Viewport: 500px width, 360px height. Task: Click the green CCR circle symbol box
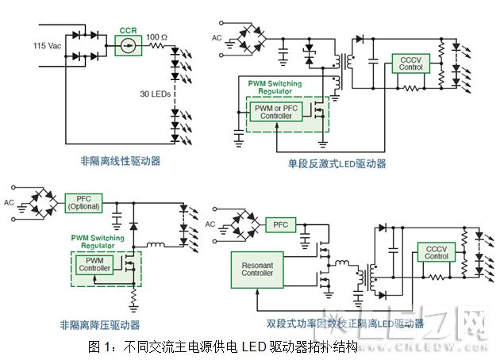coord(128,47)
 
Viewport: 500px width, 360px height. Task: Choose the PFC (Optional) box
coord(85,202)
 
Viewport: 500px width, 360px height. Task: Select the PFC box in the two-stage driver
coord(280,224)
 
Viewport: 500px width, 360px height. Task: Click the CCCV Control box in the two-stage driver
coord(437,252)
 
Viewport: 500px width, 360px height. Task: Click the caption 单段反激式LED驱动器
coord(337,164)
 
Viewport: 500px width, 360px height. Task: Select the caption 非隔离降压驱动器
coord(99,325)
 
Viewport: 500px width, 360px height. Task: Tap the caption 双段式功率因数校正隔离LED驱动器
coord(345,324)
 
